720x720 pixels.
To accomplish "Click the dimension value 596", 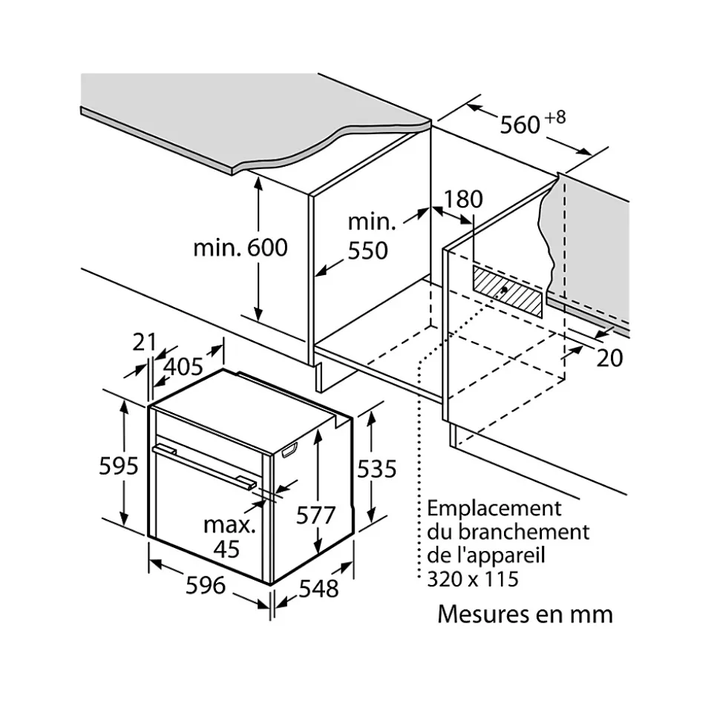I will (206, 585).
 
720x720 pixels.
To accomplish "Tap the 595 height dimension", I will (119, 466).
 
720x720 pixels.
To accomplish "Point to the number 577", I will (316, 514).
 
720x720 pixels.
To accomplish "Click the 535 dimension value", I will (377, 469).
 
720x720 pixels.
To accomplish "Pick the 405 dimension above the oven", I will (183, 366).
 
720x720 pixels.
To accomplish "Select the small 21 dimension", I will (145, 342).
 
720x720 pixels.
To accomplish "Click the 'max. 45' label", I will (229, 537).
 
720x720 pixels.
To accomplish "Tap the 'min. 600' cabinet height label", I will (240, 248).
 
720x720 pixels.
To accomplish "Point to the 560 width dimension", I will (520, 125).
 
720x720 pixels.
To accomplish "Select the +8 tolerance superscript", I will (556, 116).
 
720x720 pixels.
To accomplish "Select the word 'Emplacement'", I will (494, 509).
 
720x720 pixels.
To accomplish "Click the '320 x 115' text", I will (473, 578).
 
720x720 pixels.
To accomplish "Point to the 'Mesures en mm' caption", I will (525, 614).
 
